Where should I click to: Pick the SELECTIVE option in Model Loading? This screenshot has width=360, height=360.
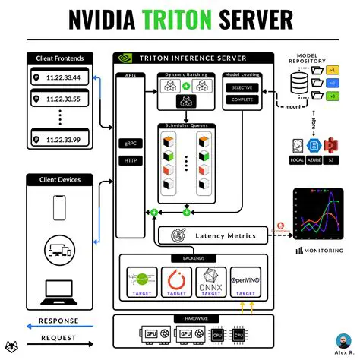(242, 89)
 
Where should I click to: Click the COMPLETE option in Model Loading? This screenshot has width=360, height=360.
(242, 99)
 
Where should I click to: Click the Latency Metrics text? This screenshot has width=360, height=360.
(226, 237)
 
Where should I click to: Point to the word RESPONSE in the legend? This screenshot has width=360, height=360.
(64, 321)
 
